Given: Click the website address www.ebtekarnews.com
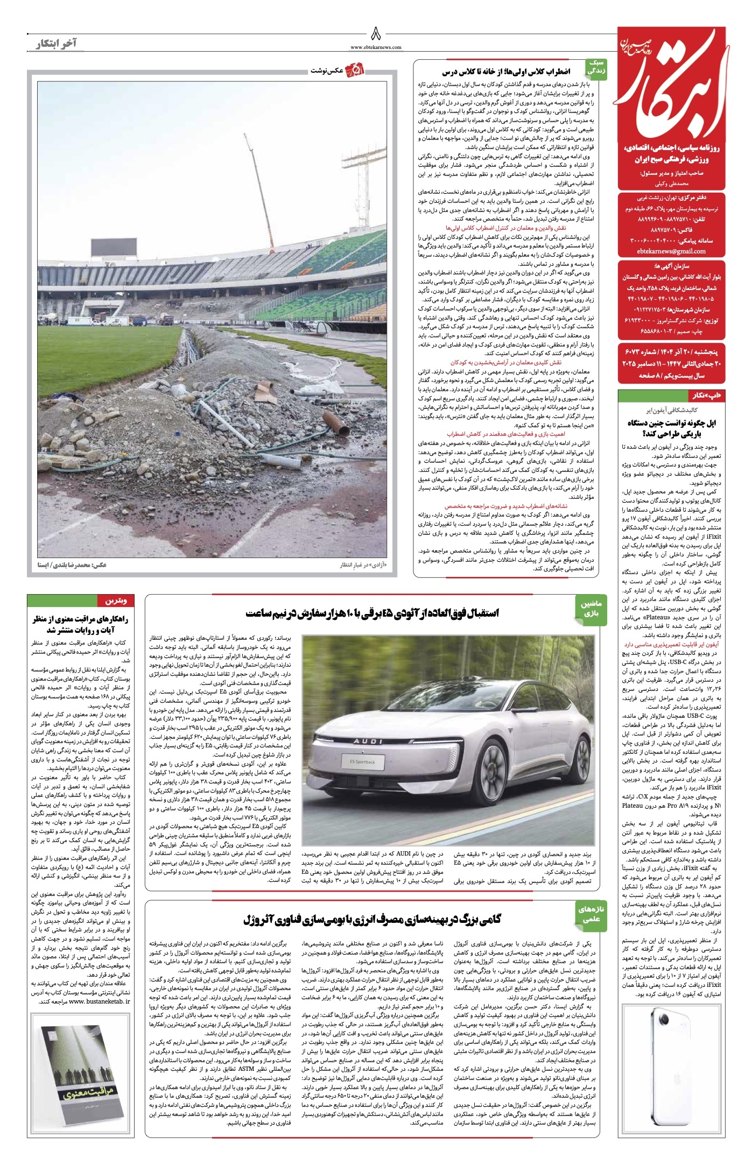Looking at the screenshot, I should pos(376,47).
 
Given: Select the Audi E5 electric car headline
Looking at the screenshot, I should pos(372,613).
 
